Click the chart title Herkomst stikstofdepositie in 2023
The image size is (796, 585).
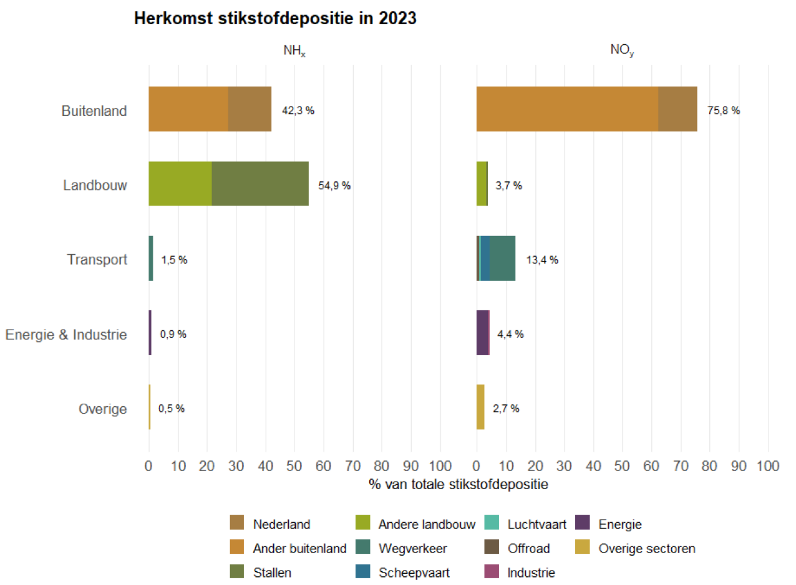pos(275,18)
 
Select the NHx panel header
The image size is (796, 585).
pos(294,51)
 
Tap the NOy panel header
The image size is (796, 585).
pos(622,50)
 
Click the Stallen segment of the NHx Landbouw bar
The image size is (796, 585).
pos(260,184)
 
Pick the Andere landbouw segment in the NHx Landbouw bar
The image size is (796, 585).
pos(180,184)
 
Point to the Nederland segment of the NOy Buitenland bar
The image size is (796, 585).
pos(677,109)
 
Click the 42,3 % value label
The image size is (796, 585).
pos(298,110)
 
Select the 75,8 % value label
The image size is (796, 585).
pos(723,110)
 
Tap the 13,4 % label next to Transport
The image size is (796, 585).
pos(542,260)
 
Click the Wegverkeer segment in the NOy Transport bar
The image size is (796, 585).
pos(502,258)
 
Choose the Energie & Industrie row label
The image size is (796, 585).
pos(66,334)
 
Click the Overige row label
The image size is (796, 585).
pos(103,409)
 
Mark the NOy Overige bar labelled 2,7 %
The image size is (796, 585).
pos(480,407)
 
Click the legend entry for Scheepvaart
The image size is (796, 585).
pos(414,572)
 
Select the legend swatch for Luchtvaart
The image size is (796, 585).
pos(492,523)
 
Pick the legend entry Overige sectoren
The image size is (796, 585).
pos(646,548)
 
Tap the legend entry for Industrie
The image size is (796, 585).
pos(531,572)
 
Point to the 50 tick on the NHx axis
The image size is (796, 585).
pos(294,466)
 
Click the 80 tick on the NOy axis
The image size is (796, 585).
pos(709,466)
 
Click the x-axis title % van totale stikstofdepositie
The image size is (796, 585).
pos(458,484)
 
